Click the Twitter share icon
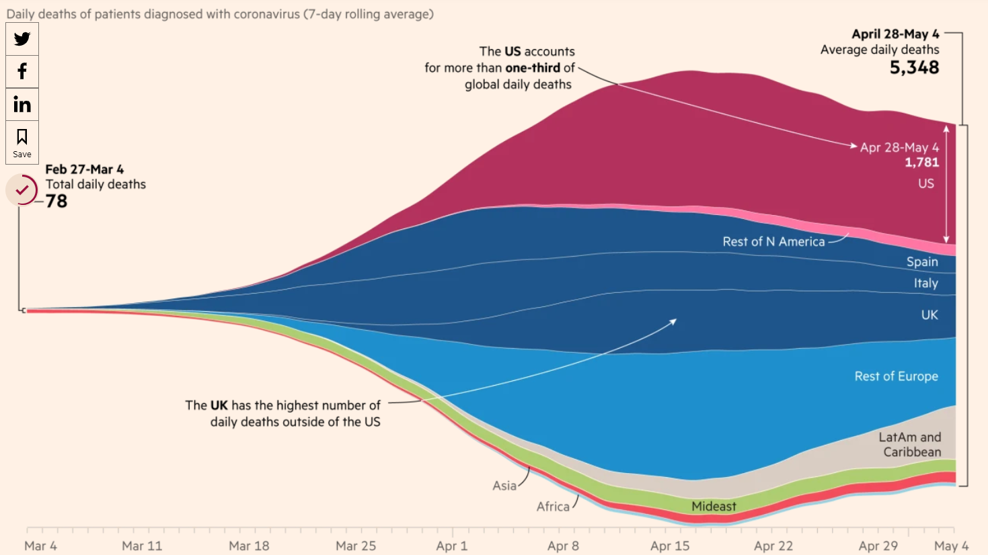tap(22, 39)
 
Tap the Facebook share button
tap(22, 71)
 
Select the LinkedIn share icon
tap(22, 104)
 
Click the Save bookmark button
tap(22, 142)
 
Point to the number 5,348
tap(914, 67)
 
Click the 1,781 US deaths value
tap(921, 163)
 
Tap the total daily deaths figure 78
tap(56, 201)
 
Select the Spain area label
tap(921, 262)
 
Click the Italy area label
tap(925, 284)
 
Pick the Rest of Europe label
tap(896, 376)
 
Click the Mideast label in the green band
tap(714, 506)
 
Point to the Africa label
tap(553, 507)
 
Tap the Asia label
tap(504, 486)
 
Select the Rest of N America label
tap(773, 242)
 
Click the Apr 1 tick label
tap(451, 546)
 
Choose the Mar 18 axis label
tap(249, 546)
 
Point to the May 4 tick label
tap(951, 546)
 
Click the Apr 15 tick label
tap(670, 546)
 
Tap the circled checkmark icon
tap(22, 190)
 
